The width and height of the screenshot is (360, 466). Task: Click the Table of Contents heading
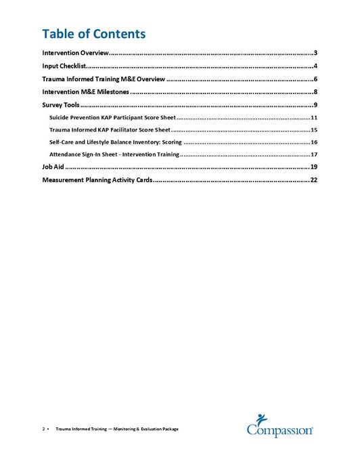point(93,33)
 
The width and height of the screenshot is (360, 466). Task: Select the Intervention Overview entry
point(75,53)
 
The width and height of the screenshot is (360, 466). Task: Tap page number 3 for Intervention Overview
point(315,53)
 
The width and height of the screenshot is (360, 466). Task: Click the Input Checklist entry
point(63,66)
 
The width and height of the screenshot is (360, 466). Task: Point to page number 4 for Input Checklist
point(315,66)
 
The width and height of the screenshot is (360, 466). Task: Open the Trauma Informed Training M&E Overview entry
point(103,79)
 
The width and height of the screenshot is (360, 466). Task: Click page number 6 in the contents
point(315,79)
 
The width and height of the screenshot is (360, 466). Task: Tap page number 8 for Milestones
point(315,92)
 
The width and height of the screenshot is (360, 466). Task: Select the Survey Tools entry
point(61,105)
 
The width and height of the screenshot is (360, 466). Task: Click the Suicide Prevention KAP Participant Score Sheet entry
point(112,118)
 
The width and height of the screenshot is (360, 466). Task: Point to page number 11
point(314,118)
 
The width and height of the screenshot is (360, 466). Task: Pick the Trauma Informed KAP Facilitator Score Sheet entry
point(110,130)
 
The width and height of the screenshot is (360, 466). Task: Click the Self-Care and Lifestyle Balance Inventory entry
point(115,142)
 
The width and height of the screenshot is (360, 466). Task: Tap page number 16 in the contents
point(314,142)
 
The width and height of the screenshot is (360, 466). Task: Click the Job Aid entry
point(53,167)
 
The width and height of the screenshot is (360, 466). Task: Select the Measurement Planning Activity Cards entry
point(97,180)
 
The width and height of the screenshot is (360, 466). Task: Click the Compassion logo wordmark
point(279,430)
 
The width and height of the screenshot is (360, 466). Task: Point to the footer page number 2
point(44,429)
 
